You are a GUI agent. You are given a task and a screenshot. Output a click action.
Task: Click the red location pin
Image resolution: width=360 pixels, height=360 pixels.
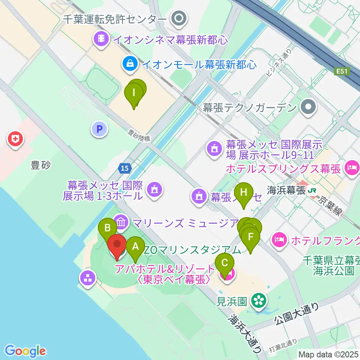[117, 246]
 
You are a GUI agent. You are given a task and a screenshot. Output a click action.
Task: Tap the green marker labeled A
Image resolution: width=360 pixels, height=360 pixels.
[135, 247]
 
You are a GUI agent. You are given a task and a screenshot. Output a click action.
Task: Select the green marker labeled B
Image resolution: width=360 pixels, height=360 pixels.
[107, 228]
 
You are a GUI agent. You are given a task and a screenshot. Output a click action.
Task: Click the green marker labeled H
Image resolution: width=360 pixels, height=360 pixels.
[244, 193]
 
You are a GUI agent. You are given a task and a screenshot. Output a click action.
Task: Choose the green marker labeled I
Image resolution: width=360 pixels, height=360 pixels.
[134, 92]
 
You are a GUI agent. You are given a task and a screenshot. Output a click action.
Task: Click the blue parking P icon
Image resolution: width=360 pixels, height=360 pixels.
[99, 130]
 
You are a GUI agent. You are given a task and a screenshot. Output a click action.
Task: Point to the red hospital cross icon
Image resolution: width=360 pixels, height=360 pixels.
[15, 140]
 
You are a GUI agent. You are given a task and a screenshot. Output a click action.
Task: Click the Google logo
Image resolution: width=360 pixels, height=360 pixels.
[25, 351]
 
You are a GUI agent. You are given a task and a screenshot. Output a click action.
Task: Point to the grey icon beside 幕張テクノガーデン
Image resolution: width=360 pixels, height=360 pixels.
[308, 108]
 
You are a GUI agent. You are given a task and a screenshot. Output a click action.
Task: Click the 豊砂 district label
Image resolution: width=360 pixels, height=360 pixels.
[40, 165]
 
